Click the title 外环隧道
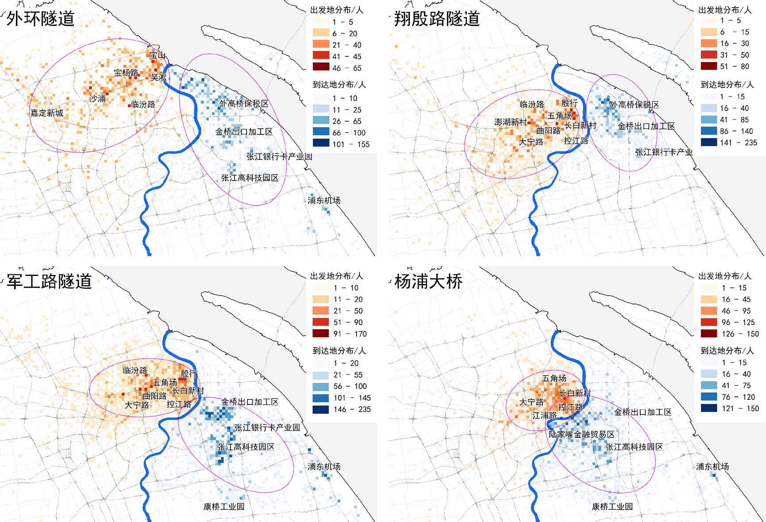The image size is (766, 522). pos(40,19)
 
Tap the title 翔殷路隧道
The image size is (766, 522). pos(436,19)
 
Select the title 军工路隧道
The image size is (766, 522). pos(49,281)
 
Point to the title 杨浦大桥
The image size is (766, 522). pos(428,281)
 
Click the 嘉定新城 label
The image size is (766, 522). pos(46,113)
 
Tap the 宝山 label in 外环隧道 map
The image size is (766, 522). pos(157,55)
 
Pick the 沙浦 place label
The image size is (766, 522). pos(97,98)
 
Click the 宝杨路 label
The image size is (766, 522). pos(126,73)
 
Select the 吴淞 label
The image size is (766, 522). pos(158,77)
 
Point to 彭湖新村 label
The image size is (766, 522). pos(510,122)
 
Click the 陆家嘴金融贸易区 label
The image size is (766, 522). pos(581,434)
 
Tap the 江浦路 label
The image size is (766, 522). pos(544,415)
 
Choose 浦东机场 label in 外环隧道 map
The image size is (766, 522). pos(324,200)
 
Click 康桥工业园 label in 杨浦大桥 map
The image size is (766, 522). pos(612,507)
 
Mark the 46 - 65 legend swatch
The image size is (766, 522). pos(321,67)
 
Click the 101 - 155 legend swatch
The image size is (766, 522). pos(321,143)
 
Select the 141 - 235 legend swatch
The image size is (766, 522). pos(709,142)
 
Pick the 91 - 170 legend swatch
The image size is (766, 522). pos(321,334)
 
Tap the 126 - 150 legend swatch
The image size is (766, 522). pos(709,334)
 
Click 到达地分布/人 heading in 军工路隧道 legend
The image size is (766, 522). pos(339,351)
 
